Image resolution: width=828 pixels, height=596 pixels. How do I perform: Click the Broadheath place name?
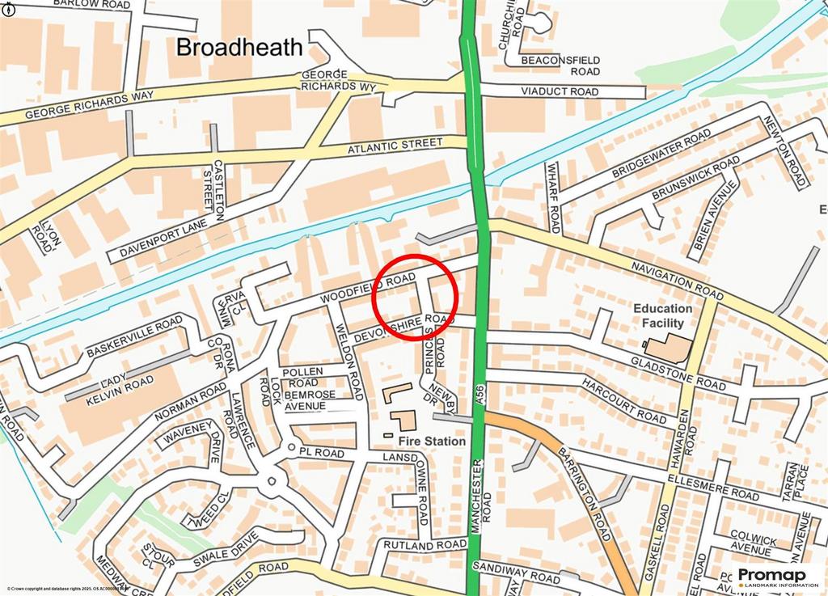[239, 47]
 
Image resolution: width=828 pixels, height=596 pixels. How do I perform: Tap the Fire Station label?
[431, 442]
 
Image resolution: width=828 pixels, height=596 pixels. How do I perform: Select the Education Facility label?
[663, 315]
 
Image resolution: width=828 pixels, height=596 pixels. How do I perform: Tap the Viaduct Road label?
[560, 91]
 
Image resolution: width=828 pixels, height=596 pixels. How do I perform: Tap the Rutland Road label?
[425, 546]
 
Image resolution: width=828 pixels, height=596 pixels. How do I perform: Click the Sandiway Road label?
[517, 573]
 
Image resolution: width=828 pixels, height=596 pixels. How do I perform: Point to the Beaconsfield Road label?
[560, 66]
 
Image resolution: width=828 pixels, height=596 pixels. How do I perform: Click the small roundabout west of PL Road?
[289, 447]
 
